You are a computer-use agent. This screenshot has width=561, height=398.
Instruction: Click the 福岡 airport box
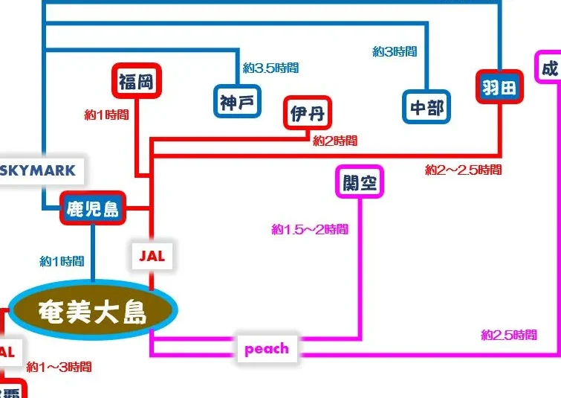click(x=135, y=82)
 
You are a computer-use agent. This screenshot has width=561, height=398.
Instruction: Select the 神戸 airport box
click(x=236, y=101)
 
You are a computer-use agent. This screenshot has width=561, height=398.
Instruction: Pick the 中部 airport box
click(x=427, y=109)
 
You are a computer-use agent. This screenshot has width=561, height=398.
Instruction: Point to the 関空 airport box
click(x=360, y=182)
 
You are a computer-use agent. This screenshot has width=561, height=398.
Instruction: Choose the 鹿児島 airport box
click(x=93, y=208)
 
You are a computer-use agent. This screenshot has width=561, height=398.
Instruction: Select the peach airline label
click(x=266, y=349)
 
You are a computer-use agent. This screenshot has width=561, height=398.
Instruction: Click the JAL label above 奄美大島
click(x=152, y=256)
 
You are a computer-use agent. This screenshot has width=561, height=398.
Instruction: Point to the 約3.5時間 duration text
click(x=270, y=68)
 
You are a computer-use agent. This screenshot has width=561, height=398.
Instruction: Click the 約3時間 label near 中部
click(x=395, y=51)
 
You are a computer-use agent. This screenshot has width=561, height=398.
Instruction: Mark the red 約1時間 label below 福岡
click(x=107, y=115)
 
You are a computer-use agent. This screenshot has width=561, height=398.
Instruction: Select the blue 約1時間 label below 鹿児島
click(x=62, y=261)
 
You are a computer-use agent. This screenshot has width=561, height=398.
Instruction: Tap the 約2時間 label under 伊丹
click(x=334, y=141)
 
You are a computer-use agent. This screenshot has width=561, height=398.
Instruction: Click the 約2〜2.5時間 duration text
click(x=463, y=170)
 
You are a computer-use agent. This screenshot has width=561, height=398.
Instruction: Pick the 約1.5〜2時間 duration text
click(x=310, y=229)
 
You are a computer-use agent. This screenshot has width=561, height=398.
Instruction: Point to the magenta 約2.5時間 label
click(x=508, y=335)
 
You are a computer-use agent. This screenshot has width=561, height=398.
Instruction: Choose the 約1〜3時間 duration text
click(x=59, y=367)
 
